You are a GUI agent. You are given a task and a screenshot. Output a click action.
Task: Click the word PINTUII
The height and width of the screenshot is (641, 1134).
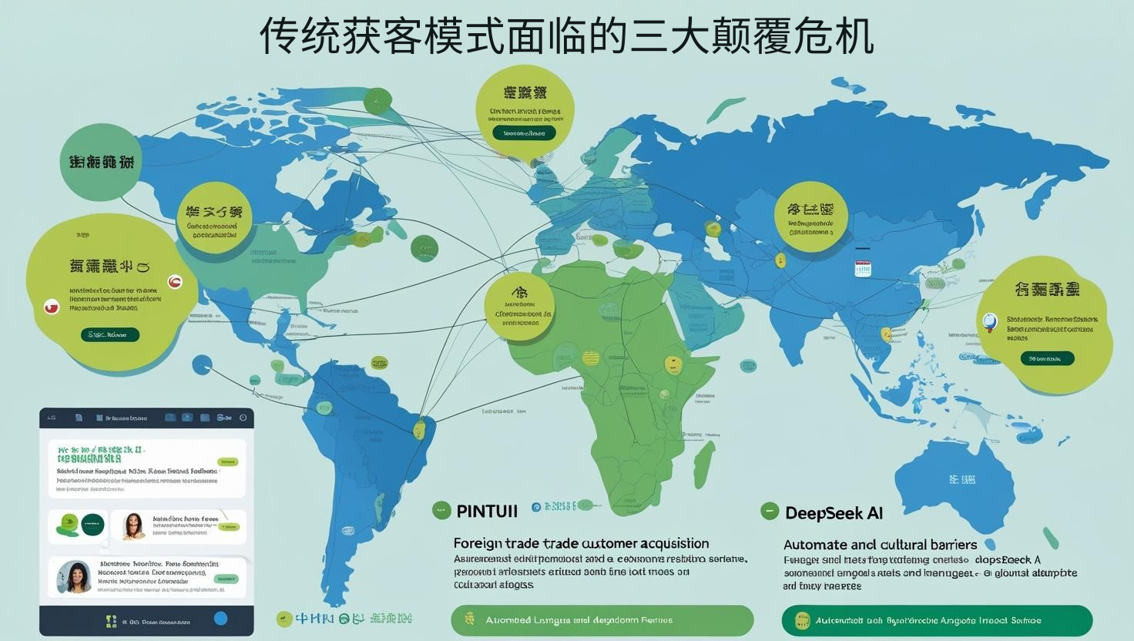tap(487, 510)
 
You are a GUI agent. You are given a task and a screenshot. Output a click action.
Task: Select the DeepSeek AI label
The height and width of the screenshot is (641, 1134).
tap(834, 512)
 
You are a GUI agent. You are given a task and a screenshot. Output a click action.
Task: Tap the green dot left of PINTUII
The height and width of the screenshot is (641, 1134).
tap(441, 508)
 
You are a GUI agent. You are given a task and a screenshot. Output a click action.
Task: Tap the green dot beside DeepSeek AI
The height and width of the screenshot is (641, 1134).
tap(769, 511)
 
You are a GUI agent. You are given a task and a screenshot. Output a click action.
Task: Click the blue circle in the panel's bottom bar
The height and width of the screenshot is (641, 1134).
tap(220, 618)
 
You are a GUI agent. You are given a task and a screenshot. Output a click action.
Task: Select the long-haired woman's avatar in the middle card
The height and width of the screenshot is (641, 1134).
tap(134, 526)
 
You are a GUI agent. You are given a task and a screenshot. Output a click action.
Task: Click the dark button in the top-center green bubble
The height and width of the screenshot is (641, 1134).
tap(524, 133)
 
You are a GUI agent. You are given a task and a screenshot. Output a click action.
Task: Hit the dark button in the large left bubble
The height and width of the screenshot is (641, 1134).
tap(110, 334)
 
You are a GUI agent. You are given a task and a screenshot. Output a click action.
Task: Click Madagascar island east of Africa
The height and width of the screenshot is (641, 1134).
tap(703, 461)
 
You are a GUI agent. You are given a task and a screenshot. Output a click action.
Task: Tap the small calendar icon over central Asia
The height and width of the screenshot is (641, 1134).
tap(861, 268)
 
